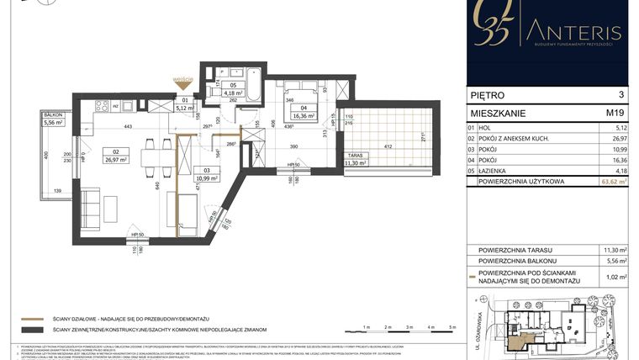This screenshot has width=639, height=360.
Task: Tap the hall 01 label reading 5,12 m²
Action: (185, 104)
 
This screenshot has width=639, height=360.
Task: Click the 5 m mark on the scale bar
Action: (452, 326)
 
